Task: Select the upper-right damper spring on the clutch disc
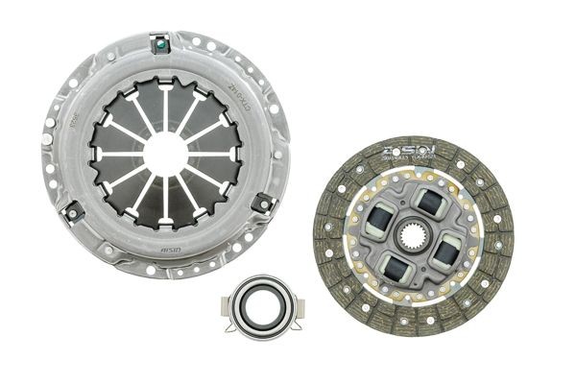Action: pyautogui.click(x=428, y=202)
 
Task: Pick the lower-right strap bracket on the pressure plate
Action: pyautogui.click(x=260, y=204)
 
